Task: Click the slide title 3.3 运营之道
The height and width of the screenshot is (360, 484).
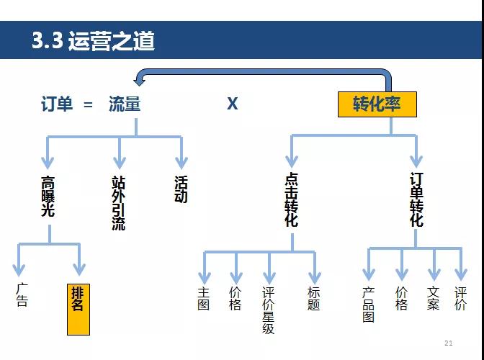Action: point(93,40)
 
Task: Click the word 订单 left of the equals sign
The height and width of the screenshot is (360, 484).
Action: point(57,104)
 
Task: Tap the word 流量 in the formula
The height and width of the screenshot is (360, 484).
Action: point(125,104)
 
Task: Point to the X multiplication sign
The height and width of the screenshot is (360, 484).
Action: point(233,104)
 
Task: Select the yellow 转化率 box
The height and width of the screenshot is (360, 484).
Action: point(378,104)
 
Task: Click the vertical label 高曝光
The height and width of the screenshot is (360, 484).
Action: point(48,196)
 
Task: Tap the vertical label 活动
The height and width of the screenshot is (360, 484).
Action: point(181,189)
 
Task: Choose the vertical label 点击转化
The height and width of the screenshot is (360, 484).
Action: point(291,200)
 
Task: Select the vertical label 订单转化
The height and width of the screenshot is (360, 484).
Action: point(416,199)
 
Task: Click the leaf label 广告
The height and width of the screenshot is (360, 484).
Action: point(22,295)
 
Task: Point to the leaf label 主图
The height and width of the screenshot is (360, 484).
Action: point(204,299)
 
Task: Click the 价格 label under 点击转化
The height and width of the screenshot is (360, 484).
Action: point(236,299)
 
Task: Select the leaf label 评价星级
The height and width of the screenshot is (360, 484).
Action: point(269,311)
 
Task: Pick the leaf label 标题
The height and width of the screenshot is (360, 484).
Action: point(313,299)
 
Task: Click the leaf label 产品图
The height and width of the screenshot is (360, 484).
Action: point(369,305)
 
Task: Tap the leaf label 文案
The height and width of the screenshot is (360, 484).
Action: point(433,299)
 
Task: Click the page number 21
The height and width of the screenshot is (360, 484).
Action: point(449,343)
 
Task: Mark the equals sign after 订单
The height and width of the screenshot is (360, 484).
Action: point(89,104)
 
